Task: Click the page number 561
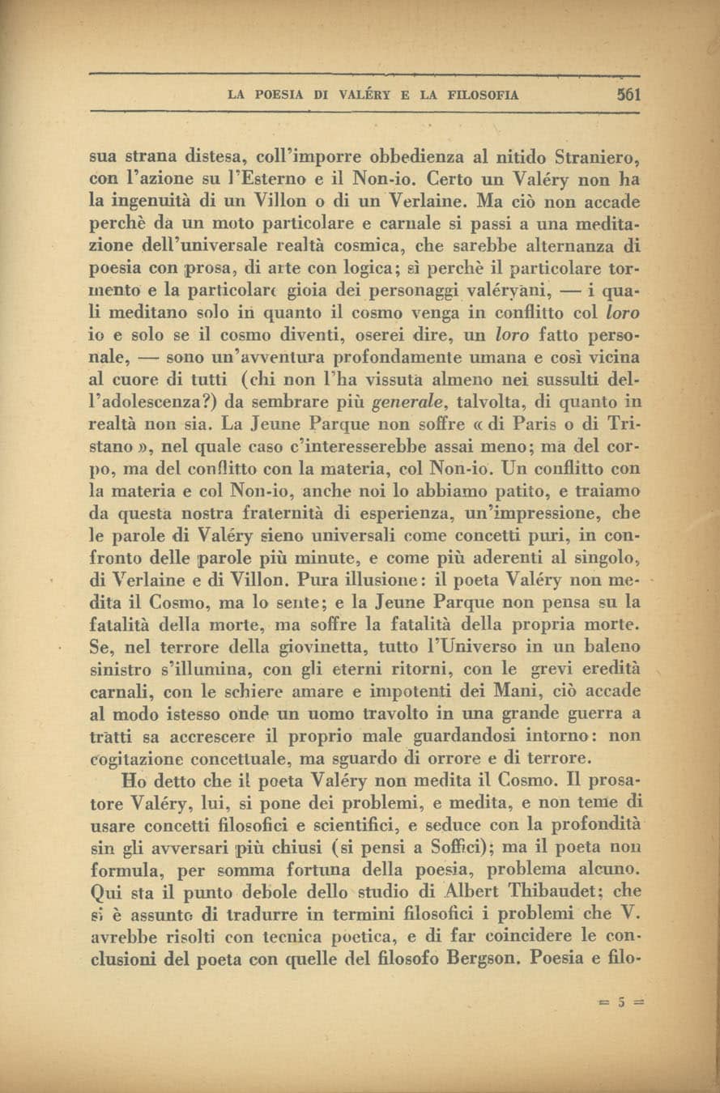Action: click(628, 93)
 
